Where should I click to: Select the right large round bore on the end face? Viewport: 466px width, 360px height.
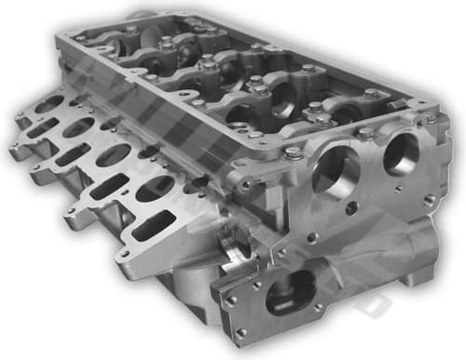point(402,153)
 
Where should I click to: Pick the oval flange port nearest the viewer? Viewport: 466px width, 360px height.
point(153,190)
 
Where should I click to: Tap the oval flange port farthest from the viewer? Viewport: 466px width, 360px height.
point(50,103)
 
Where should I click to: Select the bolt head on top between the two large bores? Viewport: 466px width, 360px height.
point(367,134)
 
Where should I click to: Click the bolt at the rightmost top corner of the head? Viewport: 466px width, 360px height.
point(431,119)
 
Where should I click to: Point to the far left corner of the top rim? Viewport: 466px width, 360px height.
point(62,34)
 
